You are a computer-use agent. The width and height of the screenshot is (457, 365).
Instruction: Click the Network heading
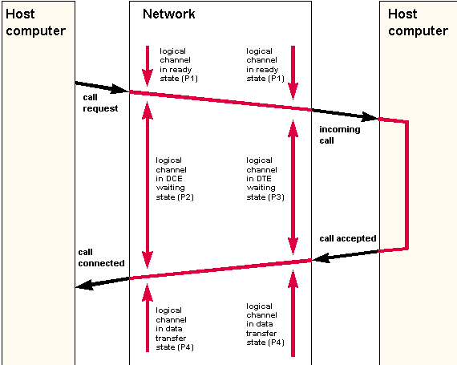168,14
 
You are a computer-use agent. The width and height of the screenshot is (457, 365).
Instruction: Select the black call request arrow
102,87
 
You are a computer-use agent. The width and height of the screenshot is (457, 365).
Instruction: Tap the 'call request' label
100,103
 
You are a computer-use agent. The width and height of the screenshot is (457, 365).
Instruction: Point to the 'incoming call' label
340,135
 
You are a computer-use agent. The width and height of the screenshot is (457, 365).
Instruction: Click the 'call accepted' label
348,238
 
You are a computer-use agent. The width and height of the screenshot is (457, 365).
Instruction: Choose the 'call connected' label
101,258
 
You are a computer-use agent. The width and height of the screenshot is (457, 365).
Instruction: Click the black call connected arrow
102,283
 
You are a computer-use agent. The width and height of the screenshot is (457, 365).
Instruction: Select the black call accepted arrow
346,256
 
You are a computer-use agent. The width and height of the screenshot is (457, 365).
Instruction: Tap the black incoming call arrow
346,115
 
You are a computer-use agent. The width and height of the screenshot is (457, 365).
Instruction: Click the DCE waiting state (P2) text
175,179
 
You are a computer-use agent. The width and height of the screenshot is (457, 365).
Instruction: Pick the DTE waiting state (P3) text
265,179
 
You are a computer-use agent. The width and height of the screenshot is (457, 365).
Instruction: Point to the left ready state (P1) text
179,65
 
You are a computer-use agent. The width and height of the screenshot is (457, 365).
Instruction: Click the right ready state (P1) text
265,65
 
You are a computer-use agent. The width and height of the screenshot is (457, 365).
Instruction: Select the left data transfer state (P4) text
175,329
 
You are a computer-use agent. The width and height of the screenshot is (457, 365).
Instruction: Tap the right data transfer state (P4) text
265,324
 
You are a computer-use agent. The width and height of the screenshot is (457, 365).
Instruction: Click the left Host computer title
35,22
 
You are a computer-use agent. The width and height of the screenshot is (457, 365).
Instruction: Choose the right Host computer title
418,22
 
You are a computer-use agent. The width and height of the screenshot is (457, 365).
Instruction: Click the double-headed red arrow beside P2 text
148,185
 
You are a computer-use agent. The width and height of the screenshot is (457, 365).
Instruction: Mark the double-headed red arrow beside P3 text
293,187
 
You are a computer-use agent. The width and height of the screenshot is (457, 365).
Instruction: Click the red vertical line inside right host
406,185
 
